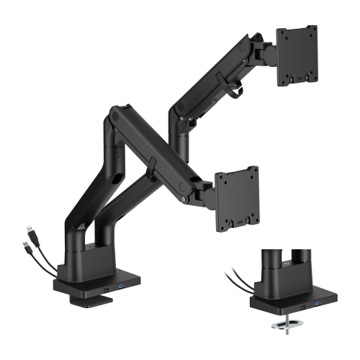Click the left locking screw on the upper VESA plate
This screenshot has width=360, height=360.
point(285,78)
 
